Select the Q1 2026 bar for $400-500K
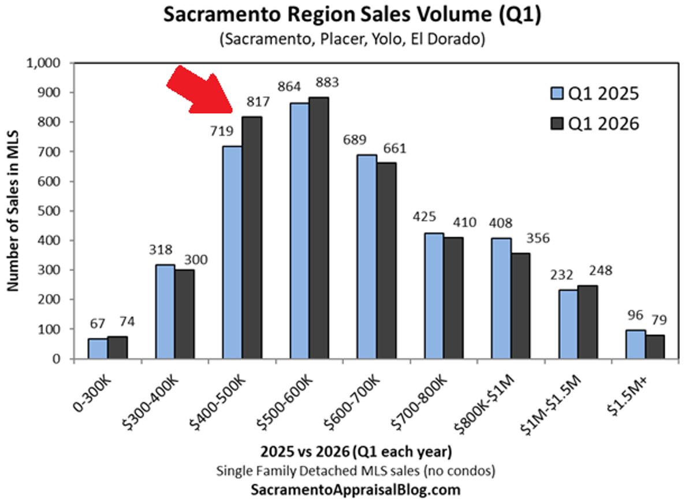click(252, 237)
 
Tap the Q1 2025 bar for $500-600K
click(299, 230)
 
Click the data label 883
click(326, 83)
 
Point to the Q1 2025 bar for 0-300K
click(98, 348)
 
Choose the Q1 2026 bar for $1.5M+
click(654, 347)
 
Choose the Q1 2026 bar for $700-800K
click(453, 298)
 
